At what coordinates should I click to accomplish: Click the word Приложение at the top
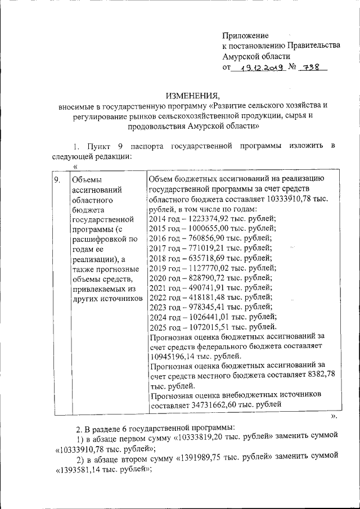click(246, 35)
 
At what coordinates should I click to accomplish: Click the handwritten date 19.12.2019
click(259, 67)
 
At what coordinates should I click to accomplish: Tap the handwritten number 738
click(311, 67)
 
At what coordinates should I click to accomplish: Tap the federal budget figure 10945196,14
click(174, 356)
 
